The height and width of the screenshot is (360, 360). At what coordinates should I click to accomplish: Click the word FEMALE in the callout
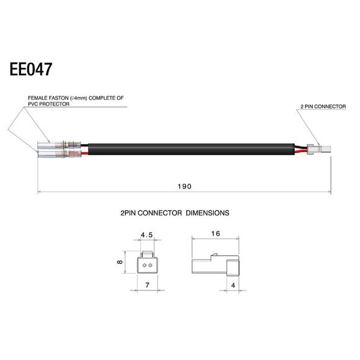39,97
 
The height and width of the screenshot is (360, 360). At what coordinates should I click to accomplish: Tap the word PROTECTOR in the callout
56,104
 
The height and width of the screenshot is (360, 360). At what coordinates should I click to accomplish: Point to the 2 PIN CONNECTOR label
323,107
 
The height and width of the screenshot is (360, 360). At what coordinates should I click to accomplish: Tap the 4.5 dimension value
146,235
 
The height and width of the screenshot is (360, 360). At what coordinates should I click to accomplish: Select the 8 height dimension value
120,263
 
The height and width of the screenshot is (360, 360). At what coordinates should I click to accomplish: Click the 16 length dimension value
215,235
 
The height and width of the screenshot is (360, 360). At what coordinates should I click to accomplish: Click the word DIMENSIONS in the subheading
206,212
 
